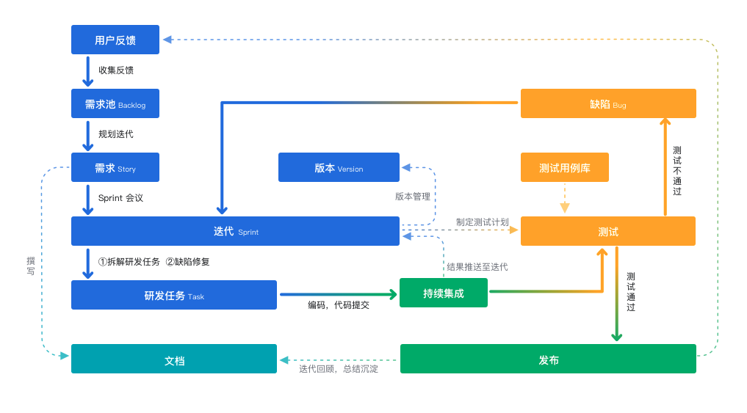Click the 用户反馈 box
115,40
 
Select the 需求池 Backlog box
115,104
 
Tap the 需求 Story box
115,168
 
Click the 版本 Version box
339,167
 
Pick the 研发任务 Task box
174,295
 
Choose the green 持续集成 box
444,293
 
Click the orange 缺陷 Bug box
608,103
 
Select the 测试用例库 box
564,167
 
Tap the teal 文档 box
174,359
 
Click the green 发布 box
548,359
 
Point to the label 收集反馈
116,70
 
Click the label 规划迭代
116,134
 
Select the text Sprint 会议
121,198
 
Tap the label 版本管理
412,197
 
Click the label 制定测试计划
482,222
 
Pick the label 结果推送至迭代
477,267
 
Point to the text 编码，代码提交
338,305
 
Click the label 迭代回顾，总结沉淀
339,369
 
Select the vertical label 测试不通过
677,170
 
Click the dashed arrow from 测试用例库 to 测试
564,197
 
